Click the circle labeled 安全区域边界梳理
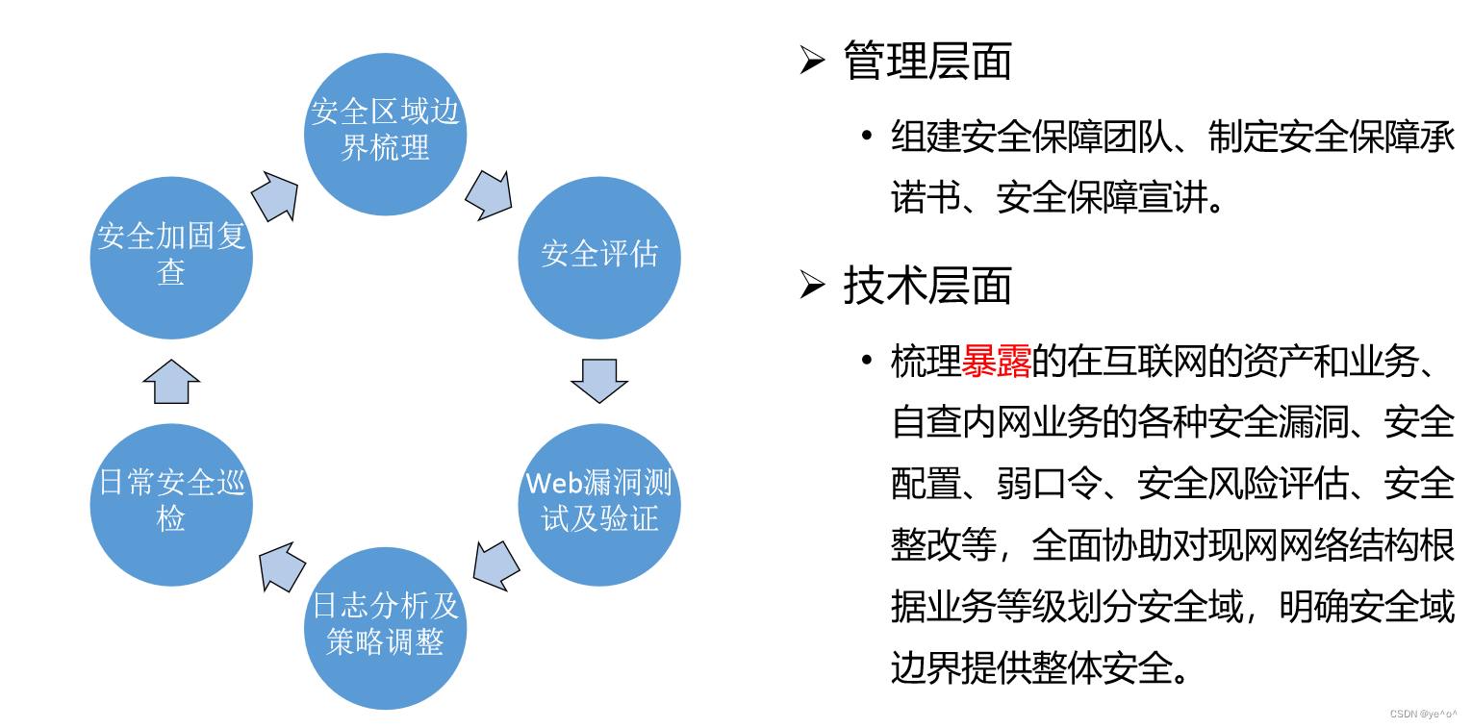(x=385, y=134)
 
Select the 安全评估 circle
(x=598, y=257)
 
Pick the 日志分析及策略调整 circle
(x=385, y=627)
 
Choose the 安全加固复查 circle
(x=171, y=257)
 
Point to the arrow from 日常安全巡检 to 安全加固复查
(x=171, y=381)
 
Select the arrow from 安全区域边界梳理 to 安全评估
(x=489, y=195)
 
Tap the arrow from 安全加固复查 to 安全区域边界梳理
(x=275, y=195)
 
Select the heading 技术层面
(x=927, y=285)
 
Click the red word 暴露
(x=997, y=364)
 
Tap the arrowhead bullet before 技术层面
(x=812, y=286)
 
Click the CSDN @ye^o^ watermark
(x=1423, y=714)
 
